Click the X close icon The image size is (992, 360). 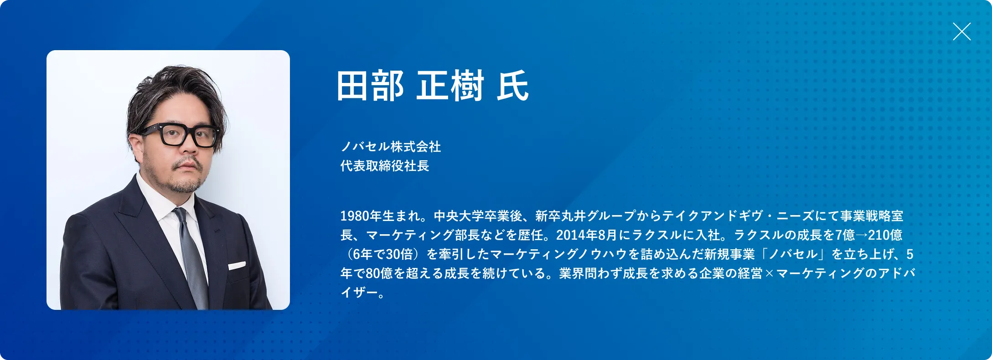point(961,31)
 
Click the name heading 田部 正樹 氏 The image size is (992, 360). point(432,86)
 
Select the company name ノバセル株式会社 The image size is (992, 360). point(391,147)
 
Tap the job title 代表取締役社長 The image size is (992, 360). point(385,166)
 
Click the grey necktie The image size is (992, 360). point(191,255)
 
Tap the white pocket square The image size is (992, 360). point(237,265)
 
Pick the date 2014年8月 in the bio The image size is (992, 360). point(586,235)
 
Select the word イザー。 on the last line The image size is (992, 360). point(363,293)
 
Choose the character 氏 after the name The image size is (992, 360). point(513,86)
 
